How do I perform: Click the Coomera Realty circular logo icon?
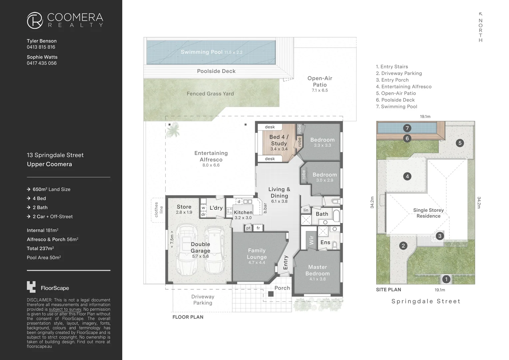coord(35,20)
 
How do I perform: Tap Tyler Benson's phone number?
coord(41,47)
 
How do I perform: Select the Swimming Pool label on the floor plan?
coord(202,52)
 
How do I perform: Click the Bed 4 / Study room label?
coord(279,140)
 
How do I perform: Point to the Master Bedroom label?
coord(317,270)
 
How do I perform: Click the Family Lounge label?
coord(256,254)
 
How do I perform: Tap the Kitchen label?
coord(243,212)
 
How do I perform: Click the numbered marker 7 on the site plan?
coord(407,128)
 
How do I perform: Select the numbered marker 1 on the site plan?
coord(446,279)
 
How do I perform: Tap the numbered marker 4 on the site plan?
coord(407,176)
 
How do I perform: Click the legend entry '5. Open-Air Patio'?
coord(396,93)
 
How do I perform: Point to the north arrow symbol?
coord(480,14)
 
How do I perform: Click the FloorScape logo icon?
coord(31,287)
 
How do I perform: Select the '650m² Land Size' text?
coord(51,189)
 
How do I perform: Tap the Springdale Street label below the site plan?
coord(426,301)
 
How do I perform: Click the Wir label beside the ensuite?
coord(311,240)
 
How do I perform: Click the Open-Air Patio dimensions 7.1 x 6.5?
coord(320,90)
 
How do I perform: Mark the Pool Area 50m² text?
coord(44,257)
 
